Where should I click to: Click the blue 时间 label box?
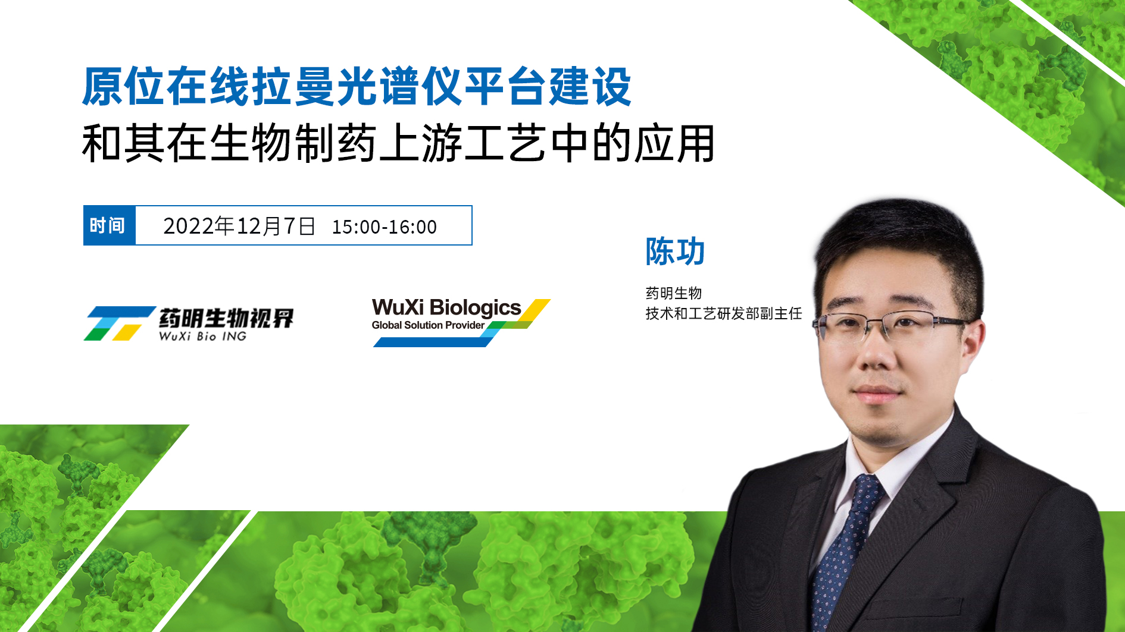coord(110,225)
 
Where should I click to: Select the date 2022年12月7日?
coord(239,227)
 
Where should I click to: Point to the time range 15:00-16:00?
coord(385,227)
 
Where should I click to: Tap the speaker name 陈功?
coord(675,251)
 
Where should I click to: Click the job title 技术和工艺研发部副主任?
coord(724,313)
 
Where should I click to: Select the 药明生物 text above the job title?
coord(674,293)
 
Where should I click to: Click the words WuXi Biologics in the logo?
coord(446,307)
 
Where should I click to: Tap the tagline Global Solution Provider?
coord(428,325)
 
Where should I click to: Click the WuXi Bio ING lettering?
coord(202,337)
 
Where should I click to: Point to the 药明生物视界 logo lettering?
coord(226,318)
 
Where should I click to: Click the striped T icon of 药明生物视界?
coord(119,323)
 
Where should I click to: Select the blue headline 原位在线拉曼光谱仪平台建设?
coord(357,87)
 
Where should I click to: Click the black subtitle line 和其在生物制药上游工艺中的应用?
coord(398,143)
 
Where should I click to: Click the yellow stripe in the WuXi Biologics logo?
coord(535,309)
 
